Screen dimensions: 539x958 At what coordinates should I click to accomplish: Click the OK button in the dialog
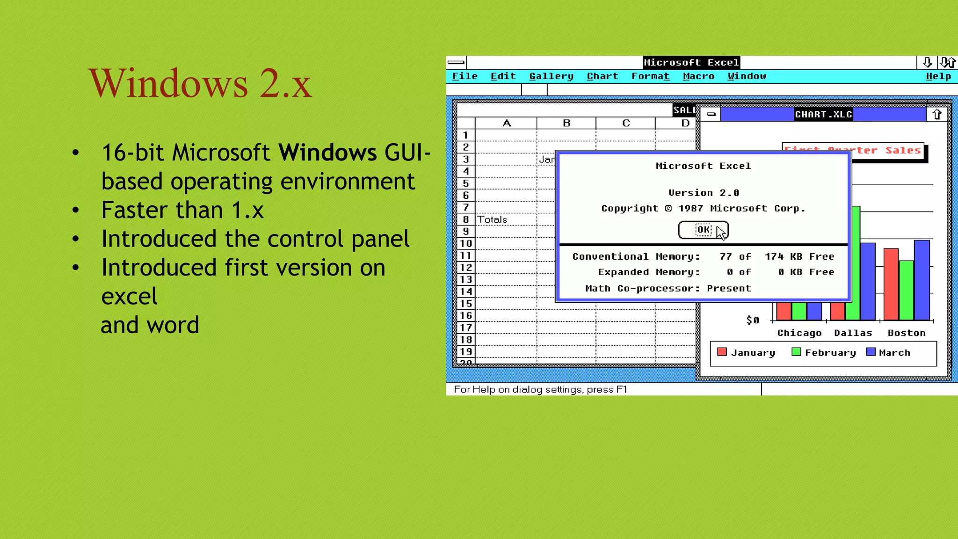(x=703, y=230)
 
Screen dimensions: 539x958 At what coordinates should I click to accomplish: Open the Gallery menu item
(x=551, y=76)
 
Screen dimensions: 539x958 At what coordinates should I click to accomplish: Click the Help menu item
(x=938, y=76)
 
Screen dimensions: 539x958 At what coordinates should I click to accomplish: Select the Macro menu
(x=698, y=76)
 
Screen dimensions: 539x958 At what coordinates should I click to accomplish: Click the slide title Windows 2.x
(x=200, y=83)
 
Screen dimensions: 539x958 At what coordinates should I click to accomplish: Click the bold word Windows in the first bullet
(x=327, y=153)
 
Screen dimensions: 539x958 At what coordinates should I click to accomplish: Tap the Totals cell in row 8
(x=492, y=219)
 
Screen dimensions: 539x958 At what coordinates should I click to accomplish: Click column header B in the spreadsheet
(x=566, y=123)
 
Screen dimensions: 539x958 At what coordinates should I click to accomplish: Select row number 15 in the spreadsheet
(x=466, y=303)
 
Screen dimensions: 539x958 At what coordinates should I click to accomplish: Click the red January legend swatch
(x=722, y=352)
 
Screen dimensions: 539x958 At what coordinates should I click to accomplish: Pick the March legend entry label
(x=894, y=353)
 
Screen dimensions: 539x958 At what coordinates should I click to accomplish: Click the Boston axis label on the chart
(x=906, y=333)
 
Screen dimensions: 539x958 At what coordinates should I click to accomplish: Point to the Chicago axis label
(x=799, y=333)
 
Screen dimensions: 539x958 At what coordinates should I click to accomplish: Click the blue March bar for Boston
(x=922, y=281)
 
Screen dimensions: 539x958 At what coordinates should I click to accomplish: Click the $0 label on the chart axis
(x=752, y=320)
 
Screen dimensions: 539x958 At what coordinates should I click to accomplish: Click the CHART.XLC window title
(x=823, y=114)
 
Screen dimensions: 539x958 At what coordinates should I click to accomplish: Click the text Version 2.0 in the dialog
(x=704, y=193)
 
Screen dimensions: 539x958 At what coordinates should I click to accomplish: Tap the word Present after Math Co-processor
(x=728, y=288)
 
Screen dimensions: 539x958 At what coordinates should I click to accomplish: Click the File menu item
(x=464, y=76)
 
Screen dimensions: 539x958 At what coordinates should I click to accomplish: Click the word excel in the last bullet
(x=130, y=296)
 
